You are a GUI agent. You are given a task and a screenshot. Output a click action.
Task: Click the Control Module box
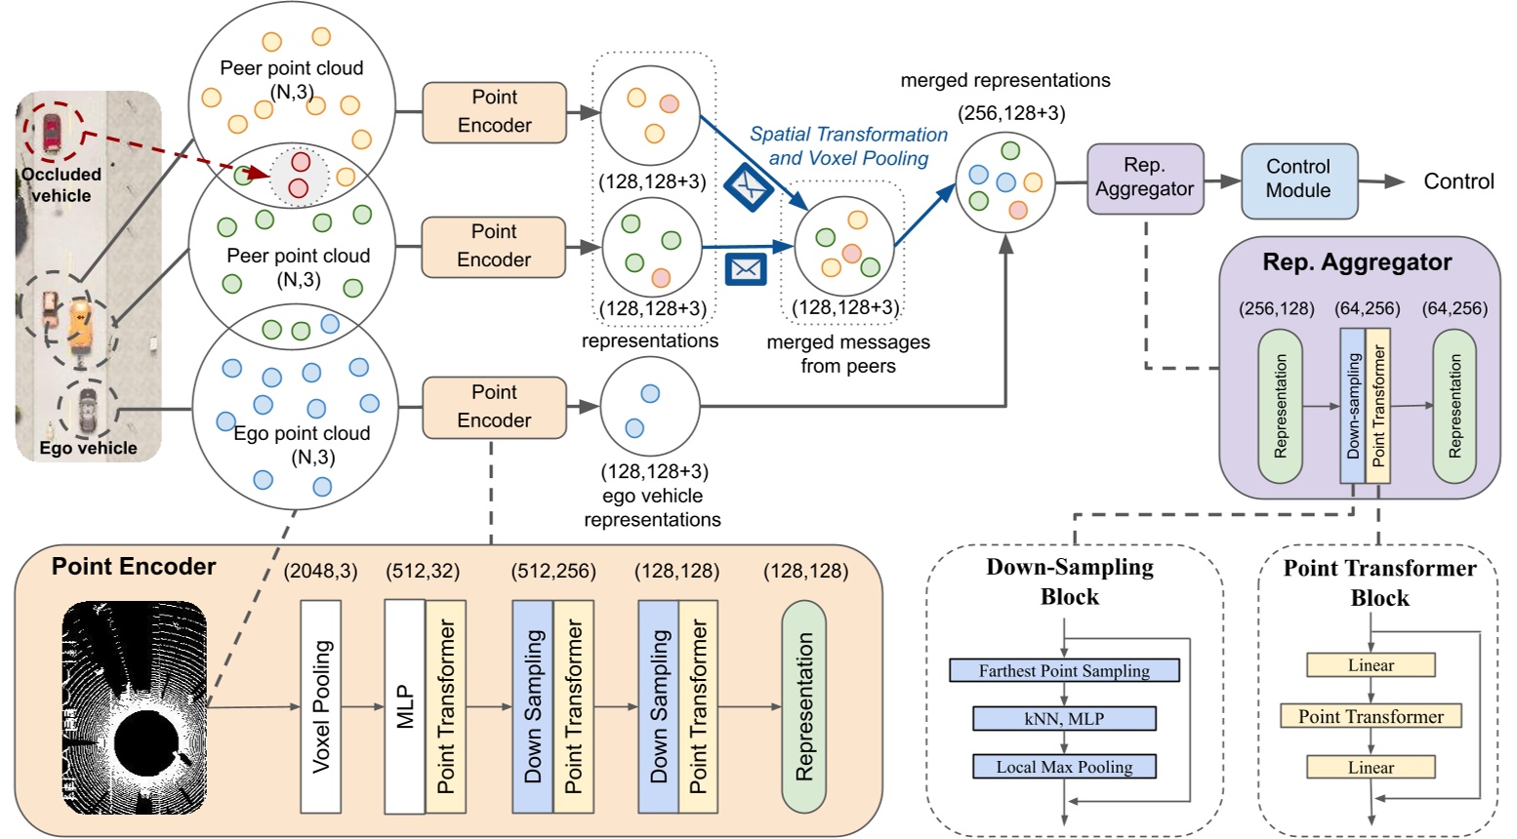(x=1298, y=180)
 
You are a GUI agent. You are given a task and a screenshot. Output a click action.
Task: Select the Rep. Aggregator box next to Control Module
(x=1145, y=179)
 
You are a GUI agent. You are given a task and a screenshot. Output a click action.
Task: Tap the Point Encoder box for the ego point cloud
(x=494, y=407)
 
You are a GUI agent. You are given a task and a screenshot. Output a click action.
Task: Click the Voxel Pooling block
(x=320, y=706)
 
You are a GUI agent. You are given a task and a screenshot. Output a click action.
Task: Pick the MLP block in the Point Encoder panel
(x=405, y=706)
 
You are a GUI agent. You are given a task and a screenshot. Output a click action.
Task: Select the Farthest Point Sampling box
(x=1064, y=670)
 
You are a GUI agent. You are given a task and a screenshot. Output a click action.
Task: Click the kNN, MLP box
(x=1064, y=719)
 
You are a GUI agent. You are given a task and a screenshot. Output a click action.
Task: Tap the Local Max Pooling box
(x=1064, y=767)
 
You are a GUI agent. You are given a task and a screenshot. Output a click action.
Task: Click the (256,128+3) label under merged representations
(x=1011, y=113)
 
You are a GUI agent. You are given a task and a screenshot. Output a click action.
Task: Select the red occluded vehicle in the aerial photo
(x=51, y=133)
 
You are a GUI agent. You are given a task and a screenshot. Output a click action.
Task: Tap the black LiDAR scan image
(x=135, y=707)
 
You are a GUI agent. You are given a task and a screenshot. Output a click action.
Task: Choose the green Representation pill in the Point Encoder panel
(x=803, y=706)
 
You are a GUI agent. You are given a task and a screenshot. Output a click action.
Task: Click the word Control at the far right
(x=1458, y=181)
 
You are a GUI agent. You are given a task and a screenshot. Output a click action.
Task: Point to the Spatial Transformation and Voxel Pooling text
(x=848, y=146)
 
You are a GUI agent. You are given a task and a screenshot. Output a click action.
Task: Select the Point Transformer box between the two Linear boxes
(x=1371, y=716)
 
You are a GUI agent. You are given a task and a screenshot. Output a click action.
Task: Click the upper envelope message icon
(x=748, y=186)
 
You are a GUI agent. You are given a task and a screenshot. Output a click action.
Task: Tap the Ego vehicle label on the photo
(x=88, y=448)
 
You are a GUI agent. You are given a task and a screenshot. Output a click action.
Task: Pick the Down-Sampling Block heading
(x=1070, y=581)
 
